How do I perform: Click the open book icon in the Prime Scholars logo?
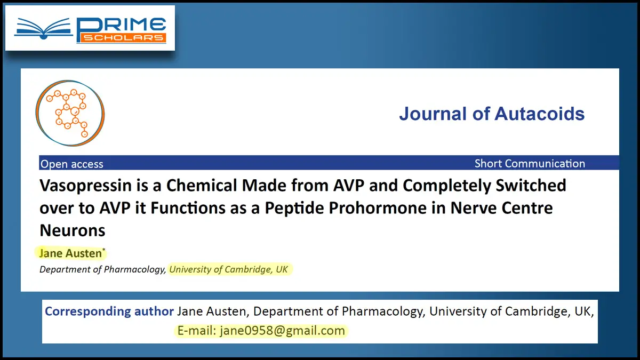pyautogui.click(x=43, y=29)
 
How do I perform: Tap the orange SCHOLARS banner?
pyautogui.click(x=122, y=38)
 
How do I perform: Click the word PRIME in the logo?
pyautogui.click(x=121, y=25)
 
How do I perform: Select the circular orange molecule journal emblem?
pyautogui.click(x=70, y=113)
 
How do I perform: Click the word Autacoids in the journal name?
pyautogui.click(x=539, y=114)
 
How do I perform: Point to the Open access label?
pyautogui.click(x=71, y=164)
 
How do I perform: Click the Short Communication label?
pyautogui.click(x=530, y=163)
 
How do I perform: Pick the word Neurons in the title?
pyautogui.click(x=73, y=230)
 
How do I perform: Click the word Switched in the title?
pyautogui.click(x=531, y=186)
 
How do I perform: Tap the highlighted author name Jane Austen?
pyautogui.click(x=70, y=253)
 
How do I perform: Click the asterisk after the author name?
pyautogui.click(x=103, y=250)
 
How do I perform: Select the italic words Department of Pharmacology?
pyautogui.click(x=102, y=269)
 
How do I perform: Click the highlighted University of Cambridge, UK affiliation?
pyautogui.click(x=229, y=269)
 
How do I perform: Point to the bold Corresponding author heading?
pyautogui.click(x=109, y=311)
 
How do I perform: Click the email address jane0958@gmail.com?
pyautogui.click(x=282, y=331)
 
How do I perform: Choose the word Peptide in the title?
pyautogui.click(x=294, y=208)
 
